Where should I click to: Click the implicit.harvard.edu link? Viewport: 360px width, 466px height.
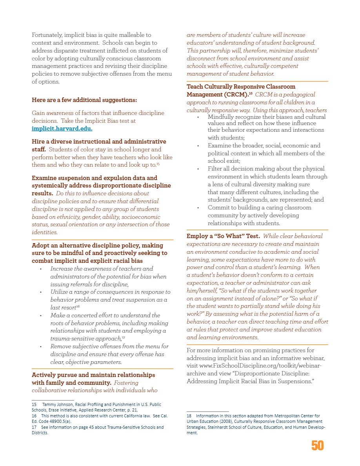click(x=62, y=129)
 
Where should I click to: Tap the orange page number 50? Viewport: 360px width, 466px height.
click(x=318, y=446)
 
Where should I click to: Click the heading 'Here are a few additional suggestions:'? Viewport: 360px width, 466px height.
click(x=84, y=100)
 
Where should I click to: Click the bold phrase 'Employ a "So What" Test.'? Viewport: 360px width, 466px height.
click(x=223, y=236)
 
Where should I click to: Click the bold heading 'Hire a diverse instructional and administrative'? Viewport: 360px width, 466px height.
click(x=98, y=142)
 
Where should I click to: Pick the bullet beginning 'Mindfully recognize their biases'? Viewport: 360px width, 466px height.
click(x=267, y=117)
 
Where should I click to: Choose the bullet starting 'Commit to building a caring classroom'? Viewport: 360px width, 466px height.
click(x=259, y=208)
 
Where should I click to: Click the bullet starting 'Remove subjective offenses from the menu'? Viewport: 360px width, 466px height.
click(x=109, y=346)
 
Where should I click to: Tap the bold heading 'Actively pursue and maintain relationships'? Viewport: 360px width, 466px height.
click(x=93, y=375)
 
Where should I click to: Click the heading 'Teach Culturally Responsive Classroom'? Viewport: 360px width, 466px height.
click(x=241, y=87)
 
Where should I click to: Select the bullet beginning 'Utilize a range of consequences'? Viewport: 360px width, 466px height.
click(x=110, y=292)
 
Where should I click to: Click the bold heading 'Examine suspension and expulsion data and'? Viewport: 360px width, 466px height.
click(x=94, y=178)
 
